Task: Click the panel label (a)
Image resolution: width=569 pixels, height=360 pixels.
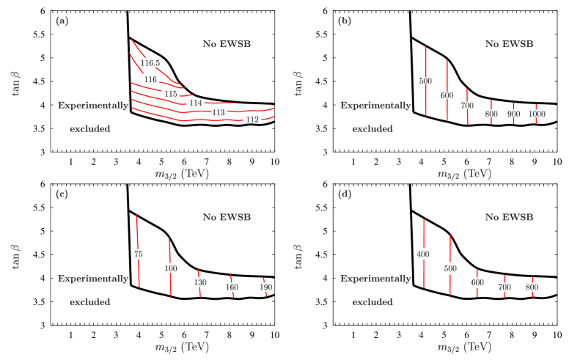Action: pyautogui.click(x=62, y=21)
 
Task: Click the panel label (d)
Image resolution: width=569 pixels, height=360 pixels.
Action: pyautogui.click(x=344, y=194)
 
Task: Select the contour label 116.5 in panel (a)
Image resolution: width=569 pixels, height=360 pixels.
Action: pyautogui.click(x=151, y=64)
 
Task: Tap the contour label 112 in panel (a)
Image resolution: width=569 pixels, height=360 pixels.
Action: pyautogui.click(x=252, y=119)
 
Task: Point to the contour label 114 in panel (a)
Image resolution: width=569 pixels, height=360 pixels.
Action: pyautogui.click(x=196, y=103)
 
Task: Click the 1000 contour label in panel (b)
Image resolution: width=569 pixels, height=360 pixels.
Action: pyautogui.click(x=537, y=114)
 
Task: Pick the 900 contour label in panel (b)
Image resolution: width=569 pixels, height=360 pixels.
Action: pyautogui.click(x=513, y=114)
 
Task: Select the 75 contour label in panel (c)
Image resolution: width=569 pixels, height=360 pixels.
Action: pyautogui.click(x=138, y=254)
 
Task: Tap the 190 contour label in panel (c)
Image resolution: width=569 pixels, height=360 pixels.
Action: pyautogui.click(x=265, y=287)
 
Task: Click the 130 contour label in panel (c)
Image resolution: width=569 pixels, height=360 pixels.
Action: pyautogui.click(x=200, y=282)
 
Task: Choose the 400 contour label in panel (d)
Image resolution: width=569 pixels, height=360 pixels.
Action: pyautogui.click(x=422, y=254)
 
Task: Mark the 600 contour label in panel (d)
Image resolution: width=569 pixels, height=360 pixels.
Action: pyautogui.click(x=477, y=282)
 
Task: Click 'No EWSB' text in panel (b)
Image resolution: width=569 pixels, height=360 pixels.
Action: pyautogui.click(x=509, y=44)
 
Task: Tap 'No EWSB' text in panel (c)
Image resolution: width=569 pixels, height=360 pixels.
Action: pyautogui.click(x=227, y=217)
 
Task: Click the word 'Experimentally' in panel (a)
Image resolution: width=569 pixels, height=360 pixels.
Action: pyautogui.click(x=93, y=106)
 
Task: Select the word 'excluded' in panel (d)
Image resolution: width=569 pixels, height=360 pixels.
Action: pyautogui.click(x=372, y=301)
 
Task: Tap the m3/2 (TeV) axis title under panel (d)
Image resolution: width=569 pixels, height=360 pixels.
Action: pyautogui.click(x=463, y=347)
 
